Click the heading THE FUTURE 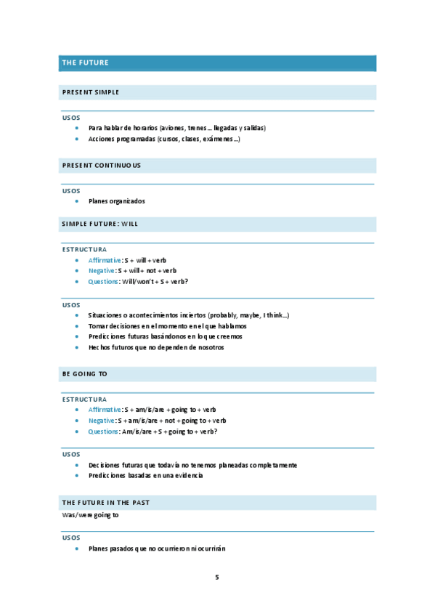pyautogui.click(x=86, y=63)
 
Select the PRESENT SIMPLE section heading pyautogui.click(x=91, y=92)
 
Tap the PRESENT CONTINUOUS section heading pyautogui.click(x=102, y=165)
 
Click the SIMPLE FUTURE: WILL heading pyautogui.click(x=100, y=224)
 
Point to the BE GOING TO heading pyautogui.click(x=85, y=373)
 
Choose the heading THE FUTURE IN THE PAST pyautogui.click(x=106, y=503)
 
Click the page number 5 pyautogui.click(x=216, y=577)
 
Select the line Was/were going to pyautogui.click(x=91, y=515)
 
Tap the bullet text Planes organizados pyautogui.click(x=116, y=201)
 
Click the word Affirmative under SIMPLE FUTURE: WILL pyautogui.click(x=105, y=260)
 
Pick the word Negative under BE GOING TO pyautogui.click(x=102, y=421)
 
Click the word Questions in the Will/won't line pyautogui.click(x=103, y=282)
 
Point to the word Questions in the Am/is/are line pyautogui.click(x=103, y=431)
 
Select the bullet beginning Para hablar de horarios pyautogui.click(x=177, y=128)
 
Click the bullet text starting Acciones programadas pyautogui.click(x=164, y=139)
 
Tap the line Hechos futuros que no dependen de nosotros pyautogui.click(x=156, y=347)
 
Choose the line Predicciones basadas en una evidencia pyautogui.click(x=145, y=475)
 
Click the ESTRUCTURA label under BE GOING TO pyautogui.click(x=84, y=399)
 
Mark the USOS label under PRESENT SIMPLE pyautogui.click(x=71, y=118)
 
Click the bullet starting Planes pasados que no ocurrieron pyautogui.click(x=157, y=548)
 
